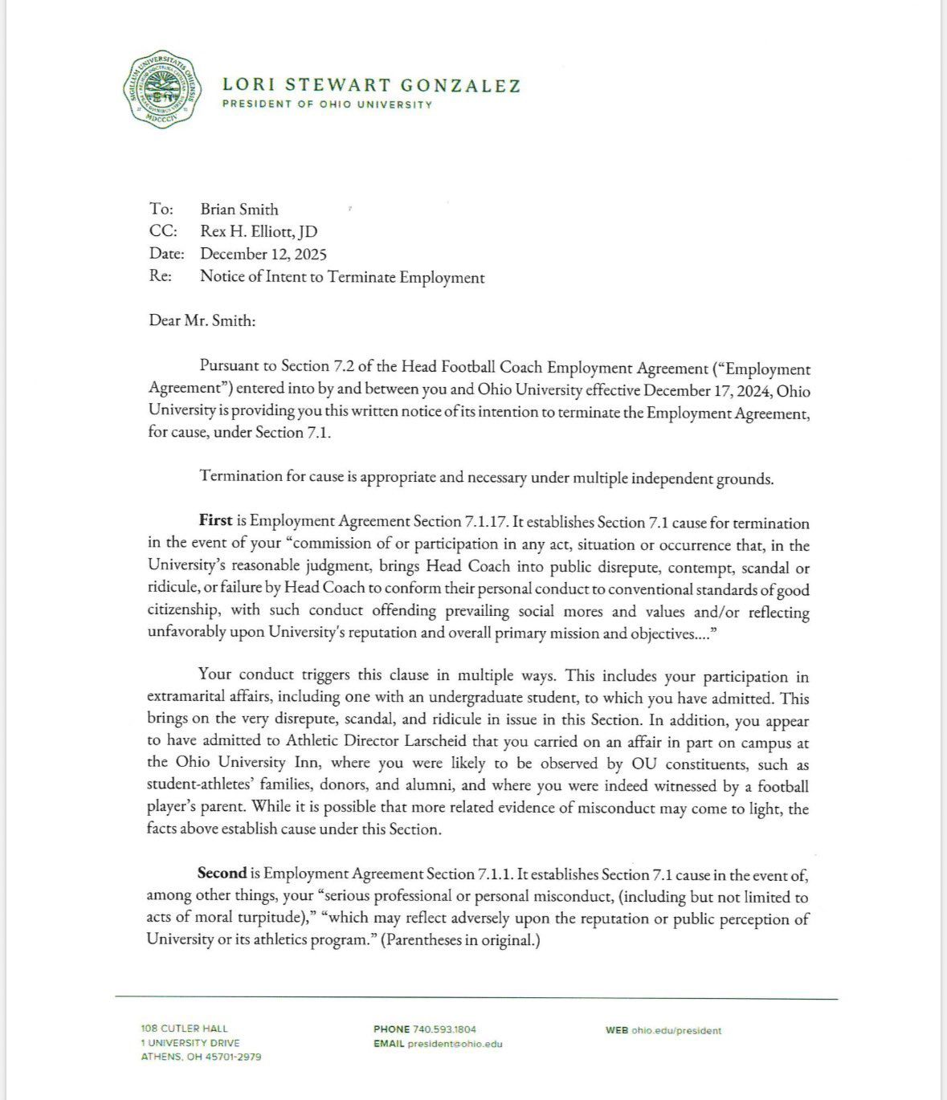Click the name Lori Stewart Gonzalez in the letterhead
click(371, 84)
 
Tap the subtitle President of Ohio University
click(327, 104)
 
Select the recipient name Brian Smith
click(239, 210)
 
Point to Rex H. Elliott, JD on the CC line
click(259, 232)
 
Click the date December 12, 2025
click(263, 255)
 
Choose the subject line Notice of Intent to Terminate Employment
click(342, 278)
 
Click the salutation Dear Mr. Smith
click(202, 320)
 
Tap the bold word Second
click(222, 874)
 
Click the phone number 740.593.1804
click(444, 1029)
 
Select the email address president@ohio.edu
click(455, 1044)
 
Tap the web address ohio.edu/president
click(676, 1030)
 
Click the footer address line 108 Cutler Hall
click(184, 1029)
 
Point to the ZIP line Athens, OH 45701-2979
click(201, 1057)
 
